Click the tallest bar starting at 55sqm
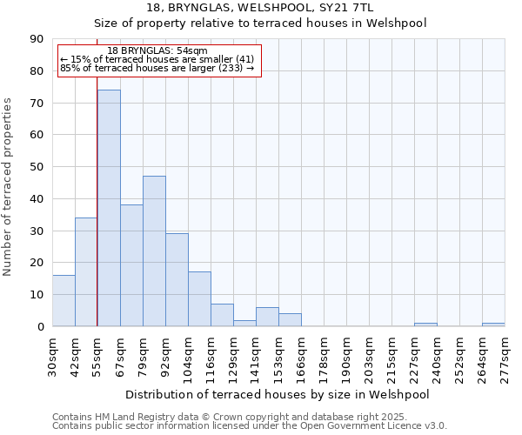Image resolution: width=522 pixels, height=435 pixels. pos(109,208)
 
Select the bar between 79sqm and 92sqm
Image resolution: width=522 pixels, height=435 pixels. pos(154,251)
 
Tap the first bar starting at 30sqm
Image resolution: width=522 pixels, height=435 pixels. pos(64,301)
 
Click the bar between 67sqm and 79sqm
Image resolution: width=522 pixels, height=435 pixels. pos(131,265)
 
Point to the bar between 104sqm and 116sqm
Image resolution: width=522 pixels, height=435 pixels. pos(199,299)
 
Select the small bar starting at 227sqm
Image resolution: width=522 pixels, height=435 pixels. pos(425,325)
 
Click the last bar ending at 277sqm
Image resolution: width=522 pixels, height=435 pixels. pos(493,325)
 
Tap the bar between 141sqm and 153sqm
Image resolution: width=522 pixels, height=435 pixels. pos(267,317)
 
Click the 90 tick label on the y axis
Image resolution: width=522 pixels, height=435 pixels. pos(37,39)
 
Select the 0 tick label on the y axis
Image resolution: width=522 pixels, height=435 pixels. pos(41,326)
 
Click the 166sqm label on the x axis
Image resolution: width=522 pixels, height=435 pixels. pos(301,355)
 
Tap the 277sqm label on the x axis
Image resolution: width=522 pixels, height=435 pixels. pos(505,355)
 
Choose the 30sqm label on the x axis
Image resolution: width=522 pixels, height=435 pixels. pos(52,355)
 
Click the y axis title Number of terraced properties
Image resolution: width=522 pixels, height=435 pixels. pos(9,187)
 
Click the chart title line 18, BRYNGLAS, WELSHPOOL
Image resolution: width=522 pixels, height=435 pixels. pos(260,8)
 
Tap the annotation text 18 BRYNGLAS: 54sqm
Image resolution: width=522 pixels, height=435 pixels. pos(157,51)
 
